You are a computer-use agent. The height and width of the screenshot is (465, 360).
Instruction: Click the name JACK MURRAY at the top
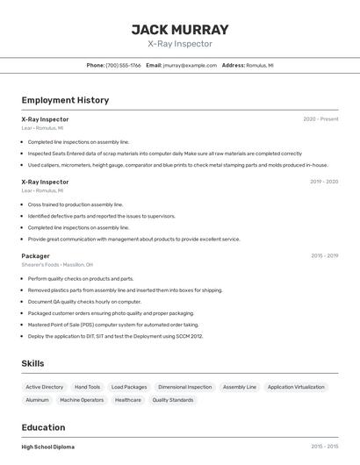180,29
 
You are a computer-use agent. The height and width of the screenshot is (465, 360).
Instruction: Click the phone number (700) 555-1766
123,65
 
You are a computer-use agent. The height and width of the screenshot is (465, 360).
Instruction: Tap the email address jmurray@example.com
190,65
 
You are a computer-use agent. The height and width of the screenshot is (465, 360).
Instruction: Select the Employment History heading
65,100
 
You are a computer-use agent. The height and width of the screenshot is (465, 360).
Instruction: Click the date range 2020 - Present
320,119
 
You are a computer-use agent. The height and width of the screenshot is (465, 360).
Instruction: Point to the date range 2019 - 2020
324,182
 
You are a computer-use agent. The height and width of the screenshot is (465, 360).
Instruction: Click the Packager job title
35,256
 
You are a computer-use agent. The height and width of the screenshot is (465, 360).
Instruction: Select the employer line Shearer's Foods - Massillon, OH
57,264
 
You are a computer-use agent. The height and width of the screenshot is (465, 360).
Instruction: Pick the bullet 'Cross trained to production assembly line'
76,204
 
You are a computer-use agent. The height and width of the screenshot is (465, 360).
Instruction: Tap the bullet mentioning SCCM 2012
115,335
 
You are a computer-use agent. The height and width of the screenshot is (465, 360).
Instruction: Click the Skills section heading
32,363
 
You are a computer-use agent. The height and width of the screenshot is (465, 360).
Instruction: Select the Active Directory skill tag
44,387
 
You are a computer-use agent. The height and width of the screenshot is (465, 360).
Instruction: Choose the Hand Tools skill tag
87,387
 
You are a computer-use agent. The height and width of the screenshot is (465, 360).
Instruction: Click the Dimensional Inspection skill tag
184,387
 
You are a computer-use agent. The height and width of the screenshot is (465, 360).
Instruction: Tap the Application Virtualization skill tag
296,387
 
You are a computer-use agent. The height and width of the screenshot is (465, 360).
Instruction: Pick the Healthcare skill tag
127,400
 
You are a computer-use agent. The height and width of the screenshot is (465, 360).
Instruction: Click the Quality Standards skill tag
172,400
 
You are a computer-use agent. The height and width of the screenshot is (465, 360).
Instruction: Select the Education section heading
45,427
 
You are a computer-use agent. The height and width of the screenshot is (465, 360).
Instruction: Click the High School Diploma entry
48,447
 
